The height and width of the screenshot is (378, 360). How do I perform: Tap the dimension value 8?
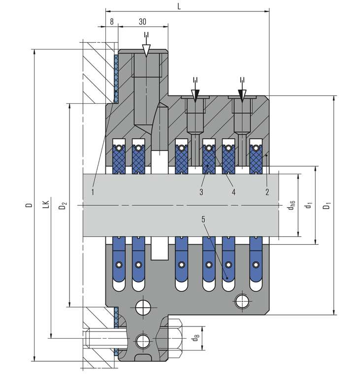pyautogui.click(x=112, y=22)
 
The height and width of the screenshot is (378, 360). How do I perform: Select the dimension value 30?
pyautogui.click(x=143, y=22)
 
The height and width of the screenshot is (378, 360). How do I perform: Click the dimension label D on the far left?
pyautogui.click(x=29, y=204)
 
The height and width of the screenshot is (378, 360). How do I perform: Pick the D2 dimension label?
pyautogui.click(x=63, y=205)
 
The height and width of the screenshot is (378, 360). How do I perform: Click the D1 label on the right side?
pyautogui.click(x=326, y=205)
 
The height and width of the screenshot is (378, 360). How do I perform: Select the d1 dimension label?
pyautogui.click(x=308, y=205)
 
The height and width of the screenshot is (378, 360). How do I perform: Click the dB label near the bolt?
pyautogui.click(x=196, y=338)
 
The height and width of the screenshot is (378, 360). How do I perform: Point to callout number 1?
pyautogui.click(x=93, y=191)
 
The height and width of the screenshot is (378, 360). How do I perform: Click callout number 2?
pyautogui.click(x=267, y=191)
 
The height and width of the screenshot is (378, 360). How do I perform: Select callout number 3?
pyautogui.click(x=201, y=191)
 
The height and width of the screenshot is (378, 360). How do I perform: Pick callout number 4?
pyautogui.click(x=233, y=191)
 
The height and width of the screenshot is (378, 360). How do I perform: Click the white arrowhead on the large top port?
pyautogui.click(x=146, y=50)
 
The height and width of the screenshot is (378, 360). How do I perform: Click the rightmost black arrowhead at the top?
pyautogui.click(x=242, y=94)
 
